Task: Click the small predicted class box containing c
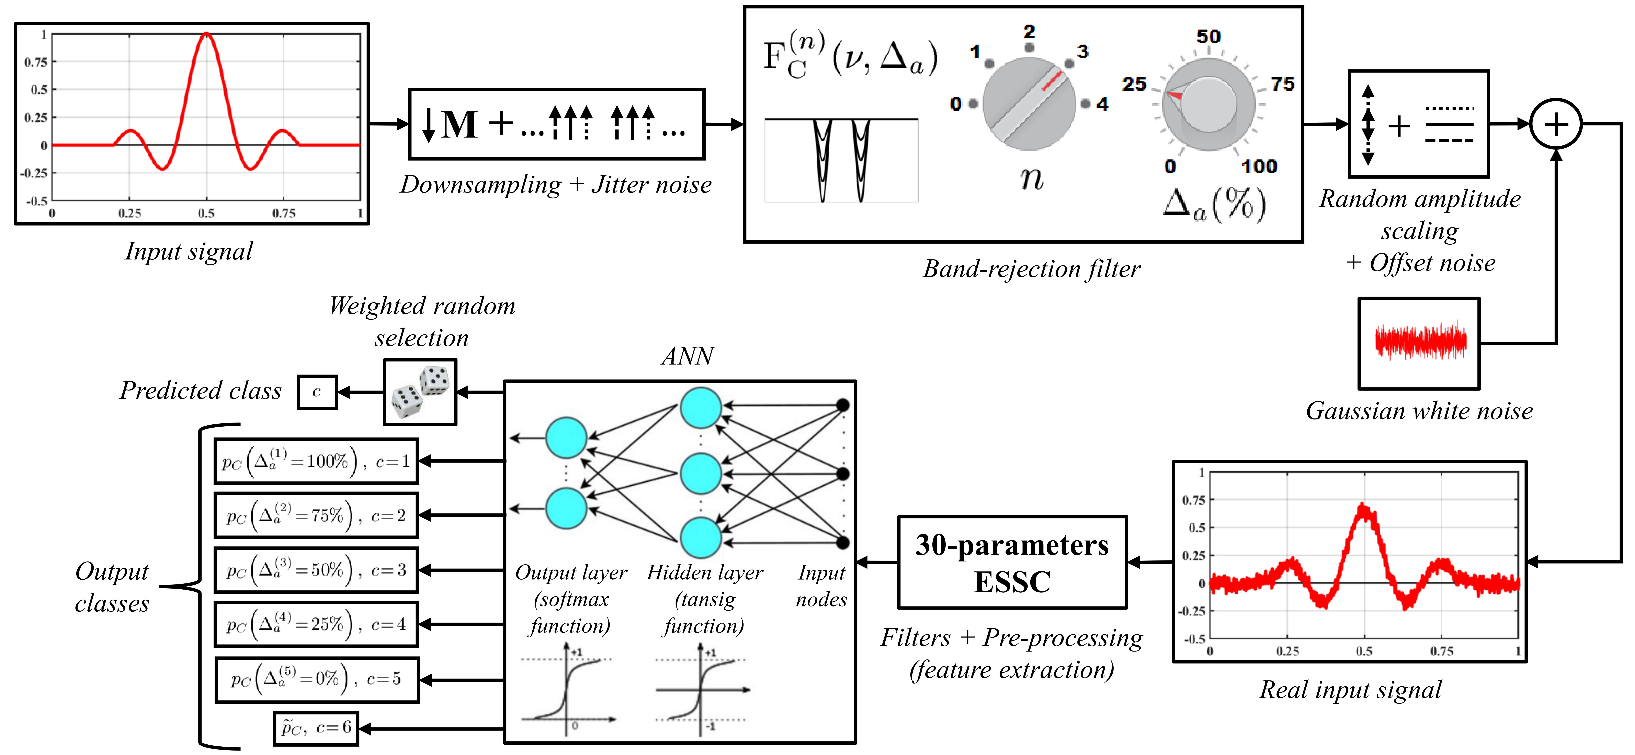[x=317, y=392]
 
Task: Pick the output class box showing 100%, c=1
[x=316, y=461]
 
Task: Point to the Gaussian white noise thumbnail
[x=1419, y=343]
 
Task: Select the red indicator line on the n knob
[x=1052, y=81]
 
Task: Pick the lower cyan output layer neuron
[x=566, y=508]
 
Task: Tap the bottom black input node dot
[x=843, y=542]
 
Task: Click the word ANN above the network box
[x=687, y=356]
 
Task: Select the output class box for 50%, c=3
[x=316, y=570]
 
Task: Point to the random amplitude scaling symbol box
[x=1419, y=124]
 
